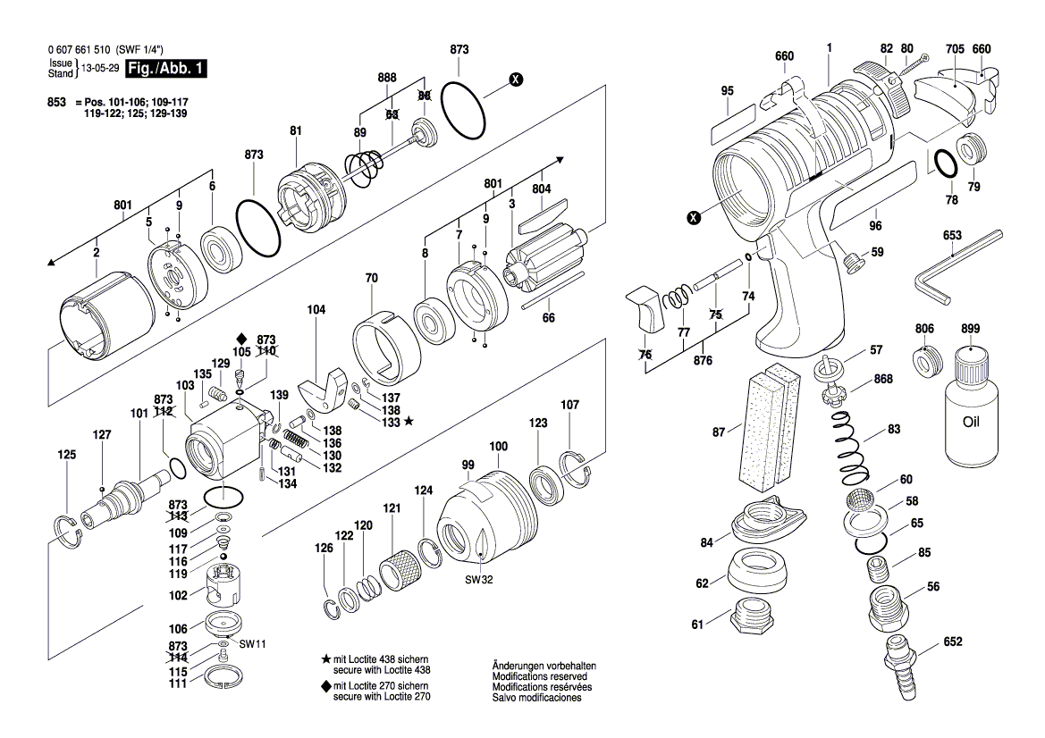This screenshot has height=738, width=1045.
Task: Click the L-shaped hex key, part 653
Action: [x=960, y=266]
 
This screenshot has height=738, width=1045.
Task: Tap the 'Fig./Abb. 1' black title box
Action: [x=166, y=68]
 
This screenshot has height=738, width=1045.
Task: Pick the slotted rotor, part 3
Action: [x=546, y=260]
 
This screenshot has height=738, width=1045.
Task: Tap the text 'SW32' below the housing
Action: [x=479, y=580]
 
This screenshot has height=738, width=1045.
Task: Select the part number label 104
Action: [x=316, y=310]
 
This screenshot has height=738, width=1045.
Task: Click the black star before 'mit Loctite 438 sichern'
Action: [x=326, y=659]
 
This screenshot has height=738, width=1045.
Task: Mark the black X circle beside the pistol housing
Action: [x=694, y=218]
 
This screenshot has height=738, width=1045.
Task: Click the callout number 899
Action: [x=971, y=329]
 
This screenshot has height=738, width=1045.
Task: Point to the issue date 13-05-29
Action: [x=100, y=68]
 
